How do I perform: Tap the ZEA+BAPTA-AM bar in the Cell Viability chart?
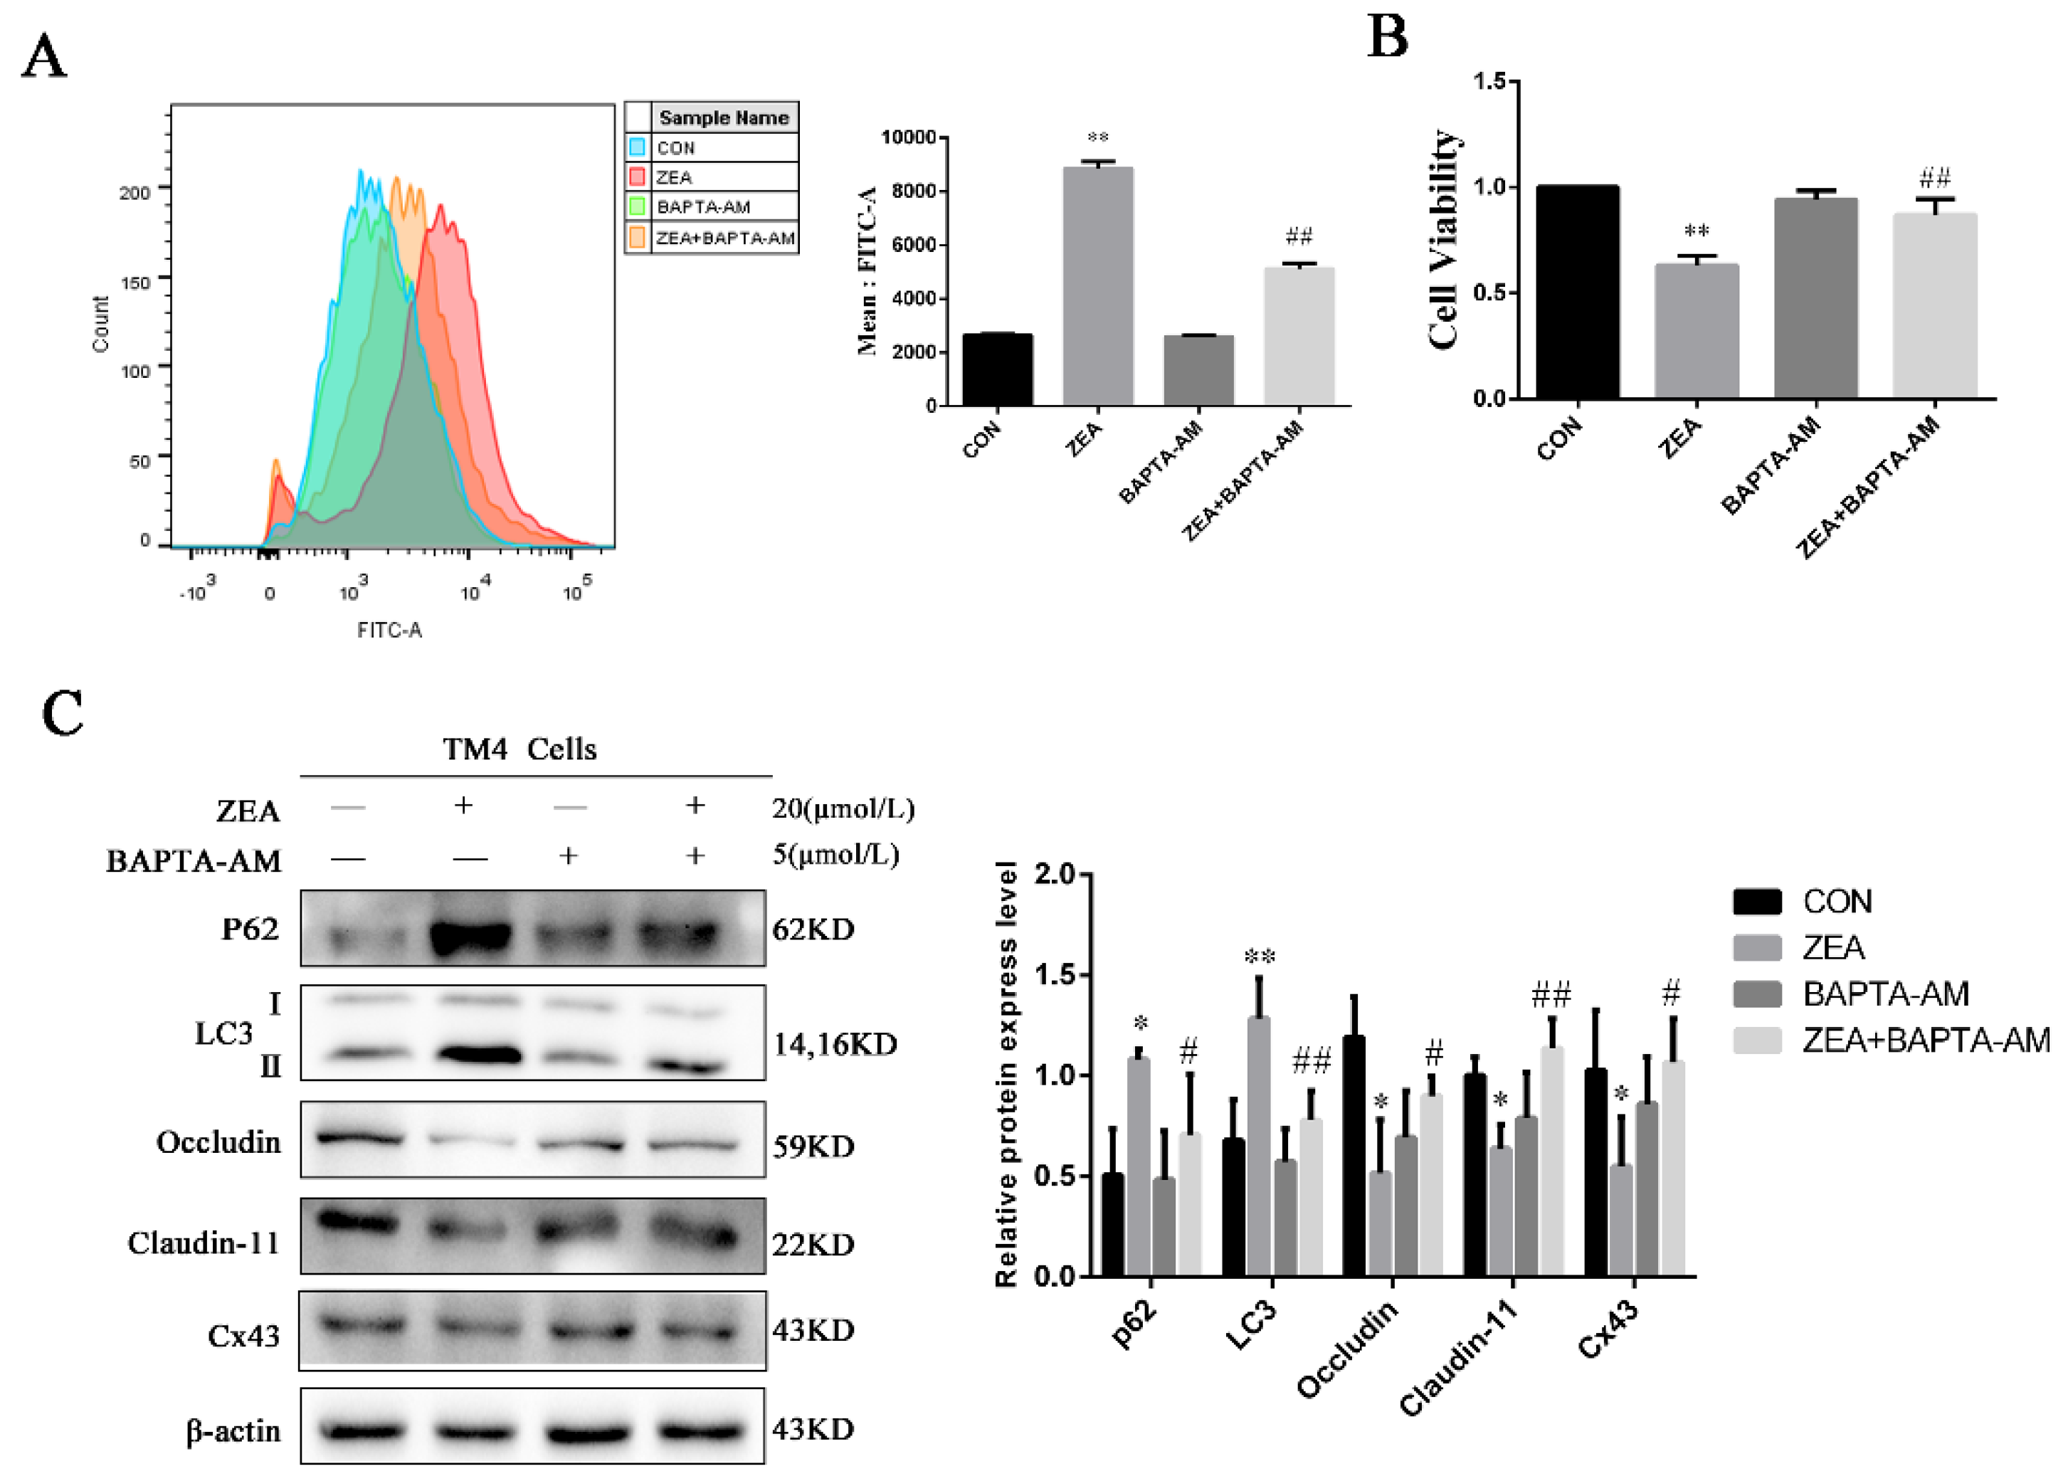click(x=1935, y=307)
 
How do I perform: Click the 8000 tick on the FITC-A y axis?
click(x=914, y=191)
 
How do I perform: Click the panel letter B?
click(x=1388, y=38)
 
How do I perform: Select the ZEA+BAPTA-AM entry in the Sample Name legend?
click(x=725, y=238)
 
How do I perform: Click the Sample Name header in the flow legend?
click(x=723, y=117)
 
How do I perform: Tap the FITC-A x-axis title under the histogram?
click(x=389, y=630)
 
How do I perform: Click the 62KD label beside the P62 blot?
click(x=813, y=930)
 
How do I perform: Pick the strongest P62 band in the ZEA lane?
click(x=470, y=937)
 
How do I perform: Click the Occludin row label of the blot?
click(x=219, y=1142)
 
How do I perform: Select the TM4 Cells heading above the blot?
click(x=519, y=749)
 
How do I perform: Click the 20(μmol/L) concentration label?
click(x=843, y=808)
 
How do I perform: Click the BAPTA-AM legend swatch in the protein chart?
click(x=1757, y=993)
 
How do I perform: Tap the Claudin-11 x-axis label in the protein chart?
click(x=1458, y=1359)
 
